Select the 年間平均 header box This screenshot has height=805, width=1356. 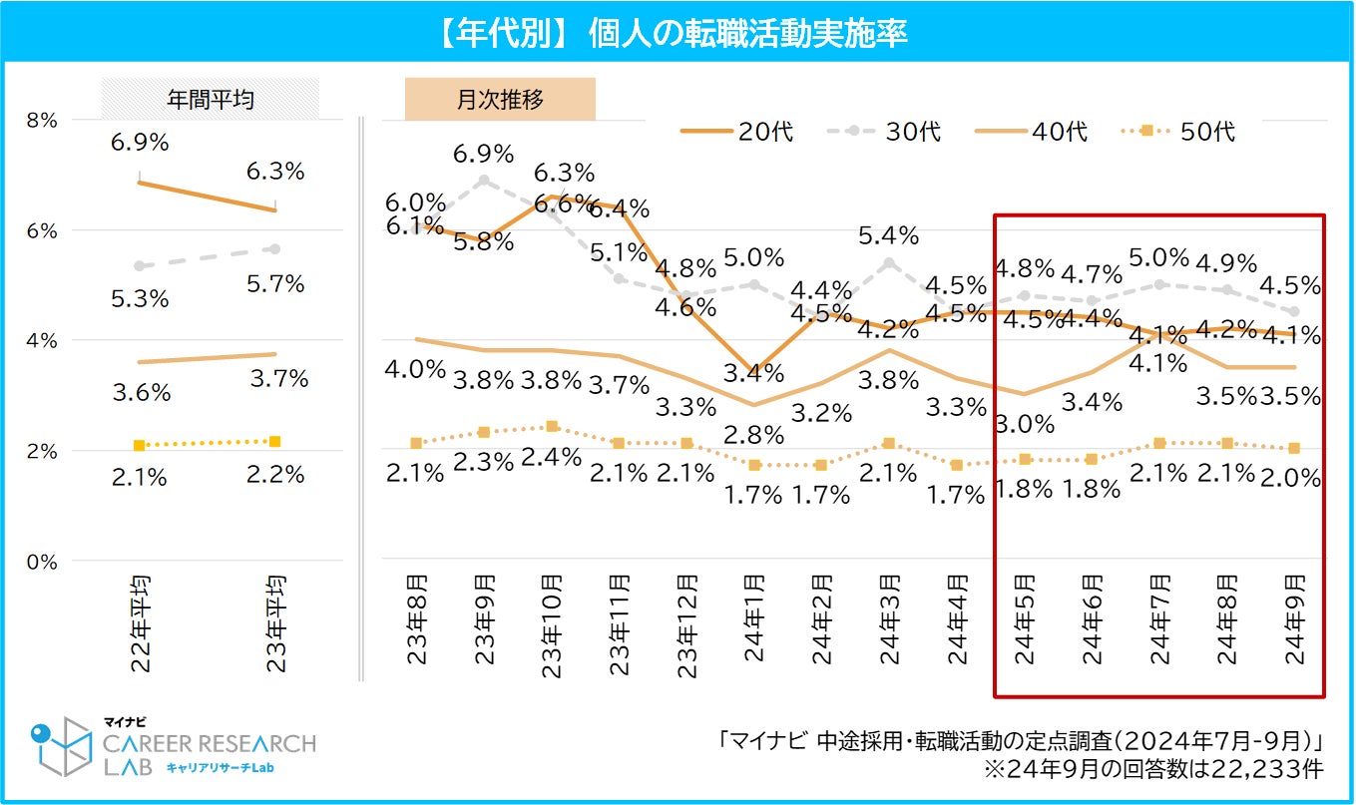point(210,99)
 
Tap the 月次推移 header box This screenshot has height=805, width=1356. point(499,99)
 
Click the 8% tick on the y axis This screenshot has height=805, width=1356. point(42,120)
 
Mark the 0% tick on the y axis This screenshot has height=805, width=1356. point(42,562)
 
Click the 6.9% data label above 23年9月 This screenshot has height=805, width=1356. point(483,155)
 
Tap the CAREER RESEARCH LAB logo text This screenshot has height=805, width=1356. point(210,744)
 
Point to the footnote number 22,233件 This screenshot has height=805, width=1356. point(1271,769)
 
